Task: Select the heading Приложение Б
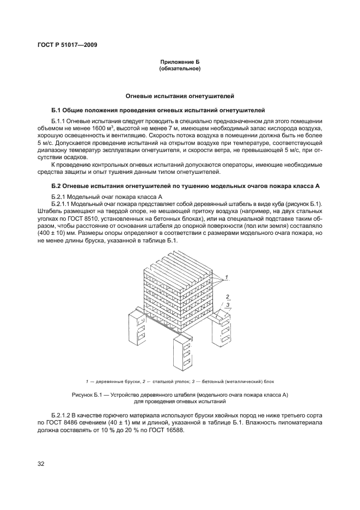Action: [x=180, y=63]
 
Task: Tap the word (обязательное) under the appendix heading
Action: [x=180, y=70]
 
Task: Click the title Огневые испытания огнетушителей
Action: [x=180, y=96]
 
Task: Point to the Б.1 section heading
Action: [x=158, y=110]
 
